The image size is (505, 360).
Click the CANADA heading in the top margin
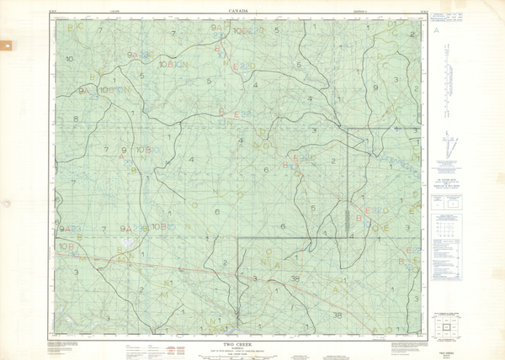241,11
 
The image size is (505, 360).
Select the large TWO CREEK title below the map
240,343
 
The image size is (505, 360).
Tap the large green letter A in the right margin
436,30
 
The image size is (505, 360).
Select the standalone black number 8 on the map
76,119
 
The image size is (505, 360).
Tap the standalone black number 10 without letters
69,59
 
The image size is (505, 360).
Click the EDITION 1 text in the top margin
358,11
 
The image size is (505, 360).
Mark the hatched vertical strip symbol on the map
348,220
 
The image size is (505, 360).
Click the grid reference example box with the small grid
446,201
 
